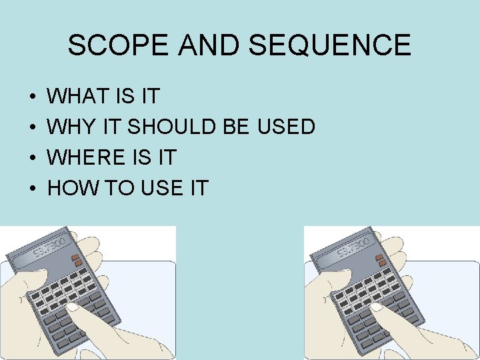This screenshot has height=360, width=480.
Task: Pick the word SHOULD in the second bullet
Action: click(x=171, y=127)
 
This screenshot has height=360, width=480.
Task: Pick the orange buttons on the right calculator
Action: click(x=381, y=261)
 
